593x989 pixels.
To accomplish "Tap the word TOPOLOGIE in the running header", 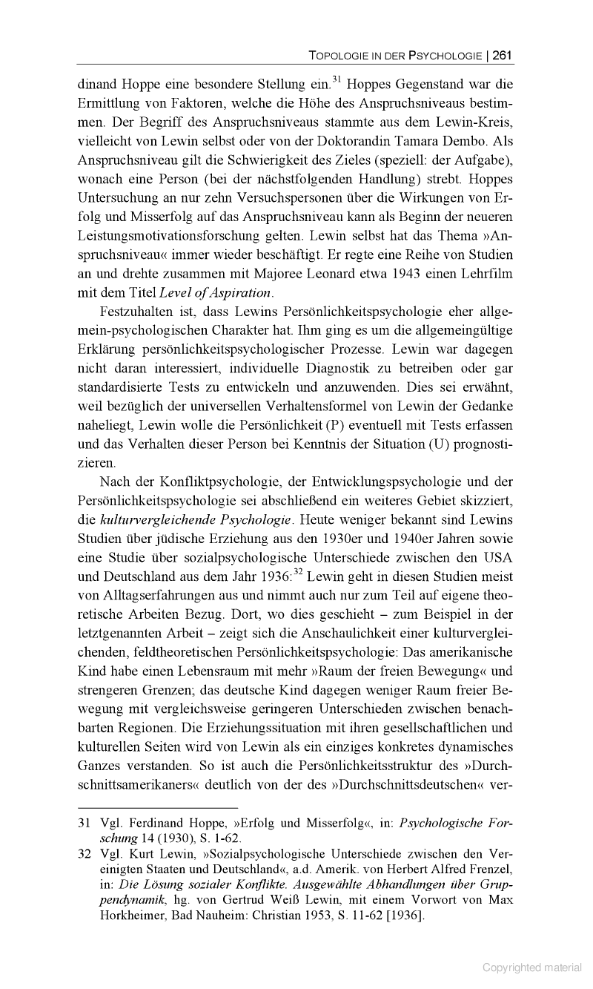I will (337, 56).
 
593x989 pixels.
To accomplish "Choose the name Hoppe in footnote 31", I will (208, 824).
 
